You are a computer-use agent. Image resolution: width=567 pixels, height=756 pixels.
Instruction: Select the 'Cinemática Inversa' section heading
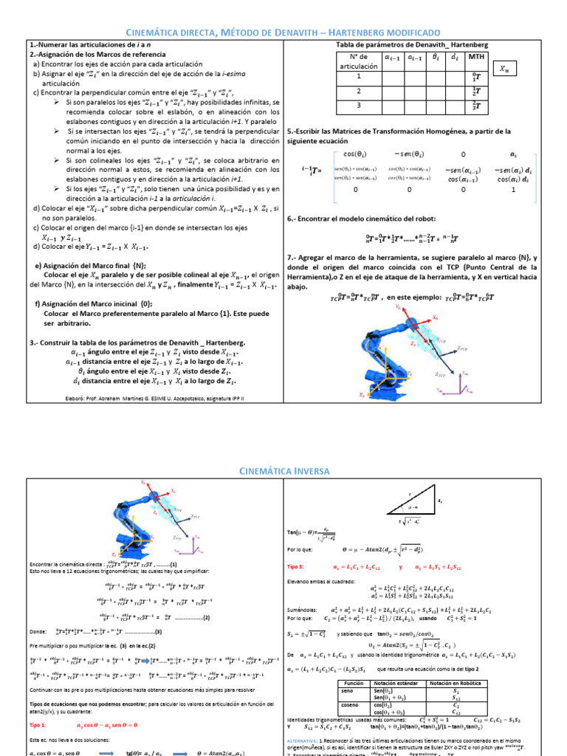pos(283,470)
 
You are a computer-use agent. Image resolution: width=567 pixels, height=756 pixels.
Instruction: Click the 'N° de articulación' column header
pos(359,61)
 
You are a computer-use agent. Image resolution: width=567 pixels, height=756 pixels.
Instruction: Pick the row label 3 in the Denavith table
pos(359,106)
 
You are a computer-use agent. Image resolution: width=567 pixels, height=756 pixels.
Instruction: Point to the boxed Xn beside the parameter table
pos(504,69)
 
